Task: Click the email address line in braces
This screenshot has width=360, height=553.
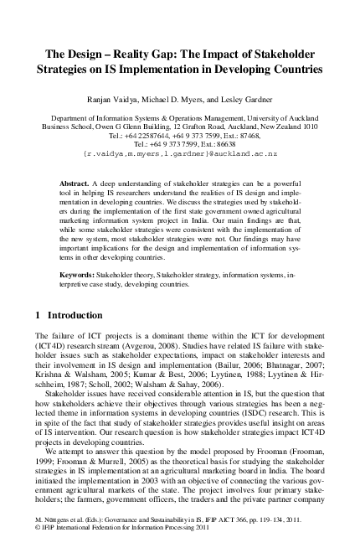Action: coord(180,154)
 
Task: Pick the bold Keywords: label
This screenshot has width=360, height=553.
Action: coord(81,273)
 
